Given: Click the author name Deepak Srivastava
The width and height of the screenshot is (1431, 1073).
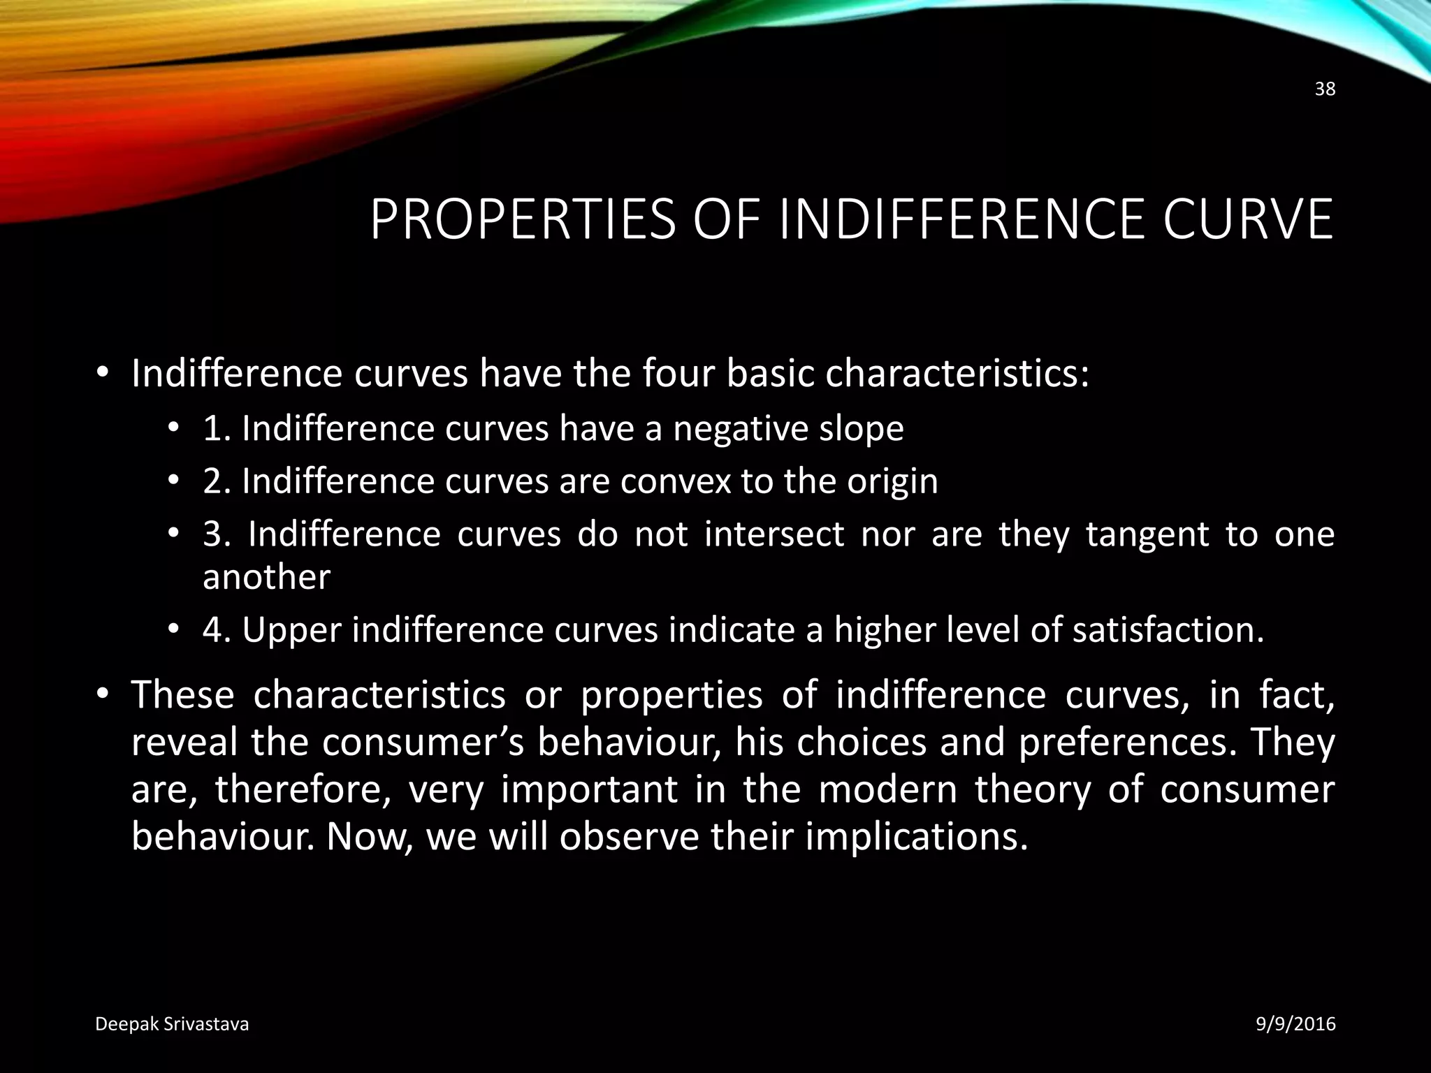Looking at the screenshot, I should point(172,1024).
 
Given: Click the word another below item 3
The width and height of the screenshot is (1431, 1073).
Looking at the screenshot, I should point(266,577).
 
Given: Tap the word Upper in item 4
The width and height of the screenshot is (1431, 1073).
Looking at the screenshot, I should point(292,631).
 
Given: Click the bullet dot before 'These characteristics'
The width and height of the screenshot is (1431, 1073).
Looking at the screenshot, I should point(103,694).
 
